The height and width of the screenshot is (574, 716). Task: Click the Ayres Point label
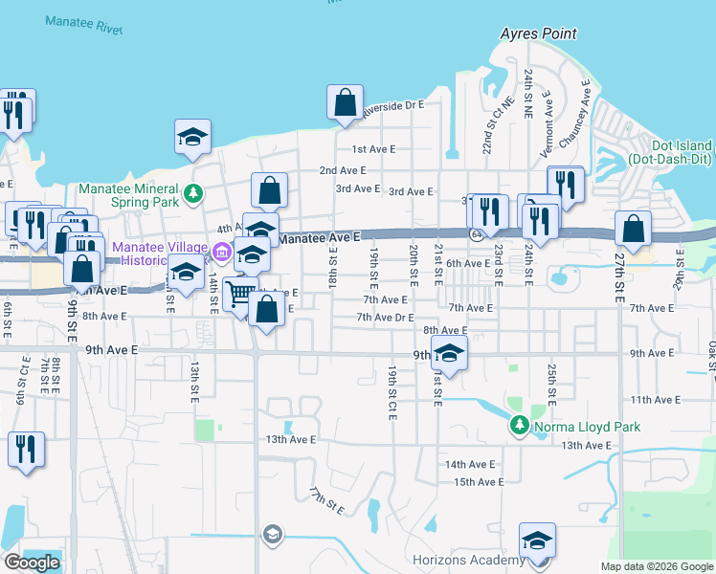point(539,33)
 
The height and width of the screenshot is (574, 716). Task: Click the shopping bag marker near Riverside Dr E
point(345,102)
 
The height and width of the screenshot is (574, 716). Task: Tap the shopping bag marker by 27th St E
point(633,229)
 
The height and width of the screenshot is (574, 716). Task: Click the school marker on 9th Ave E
point(449,353)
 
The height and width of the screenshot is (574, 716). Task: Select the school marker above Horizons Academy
point(537,541)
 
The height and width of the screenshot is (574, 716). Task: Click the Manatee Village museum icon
point(222,254)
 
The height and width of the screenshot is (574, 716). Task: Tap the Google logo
point(32,562)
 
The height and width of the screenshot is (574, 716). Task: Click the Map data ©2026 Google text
point(656,566)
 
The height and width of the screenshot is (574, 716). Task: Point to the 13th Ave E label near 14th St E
point(290,440)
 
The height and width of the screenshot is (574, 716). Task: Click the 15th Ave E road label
point(477,482)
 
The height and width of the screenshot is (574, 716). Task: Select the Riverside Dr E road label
point(393,108)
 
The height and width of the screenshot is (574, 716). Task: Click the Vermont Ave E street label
point(548,125)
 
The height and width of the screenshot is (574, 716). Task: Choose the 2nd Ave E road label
point(343,170)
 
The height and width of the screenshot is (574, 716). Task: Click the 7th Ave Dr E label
point(385,317)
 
